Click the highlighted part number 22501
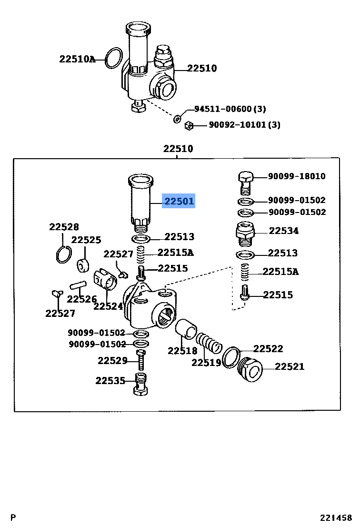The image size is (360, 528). [x=179, y=202]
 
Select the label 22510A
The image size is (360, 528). [x=77, y=60]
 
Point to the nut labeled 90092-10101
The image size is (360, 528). [x=188, y=125]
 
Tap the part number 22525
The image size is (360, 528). [x=86, y=240]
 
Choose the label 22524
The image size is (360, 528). [x=108, y=306]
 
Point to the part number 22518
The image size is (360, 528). [x=182, y=351]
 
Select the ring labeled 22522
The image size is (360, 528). [x=231, y=357]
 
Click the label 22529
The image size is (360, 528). [x=113, y=361]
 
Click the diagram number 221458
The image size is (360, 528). [x=336, y=518]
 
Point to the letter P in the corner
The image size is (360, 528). [x=13, y=518]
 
